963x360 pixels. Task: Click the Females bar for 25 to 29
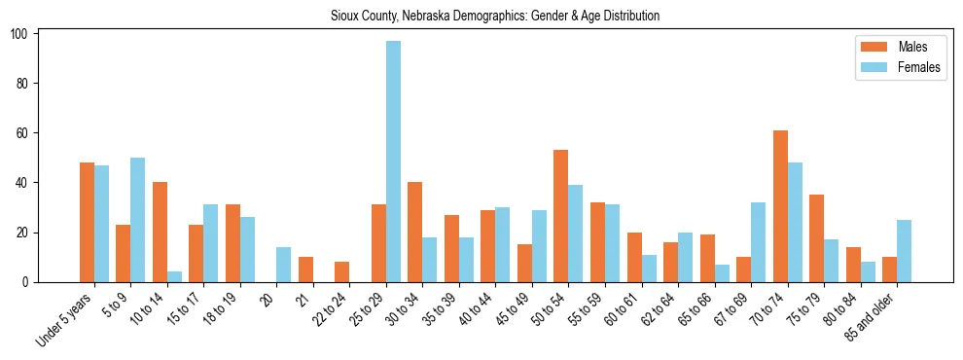393,162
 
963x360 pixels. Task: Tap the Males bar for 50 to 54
561,216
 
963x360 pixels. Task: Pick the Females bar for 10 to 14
174,277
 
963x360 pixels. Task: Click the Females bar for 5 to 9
138,220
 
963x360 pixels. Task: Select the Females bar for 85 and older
904,251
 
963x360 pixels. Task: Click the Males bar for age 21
305,270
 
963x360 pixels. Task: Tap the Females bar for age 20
284,265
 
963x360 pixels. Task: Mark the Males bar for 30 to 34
415,233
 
